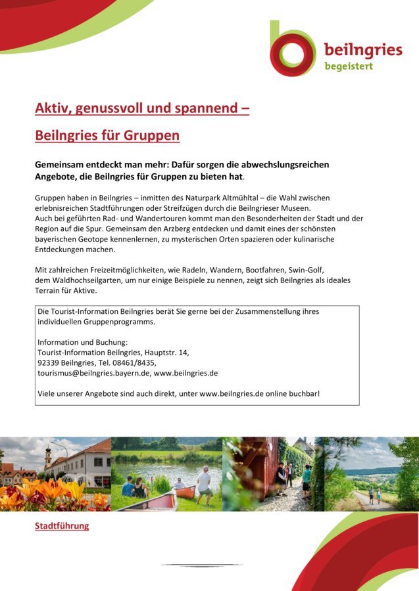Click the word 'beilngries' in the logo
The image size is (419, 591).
(x=362, y=50)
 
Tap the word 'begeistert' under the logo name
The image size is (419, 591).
(x=348, y=66)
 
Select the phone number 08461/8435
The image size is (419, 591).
(x=136, y=362)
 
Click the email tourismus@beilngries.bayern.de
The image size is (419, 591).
(x=93, y=373)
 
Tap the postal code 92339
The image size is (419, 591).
(x=50, y=362)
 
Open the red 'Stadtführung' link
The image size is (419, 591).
(x=62, y=526)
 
